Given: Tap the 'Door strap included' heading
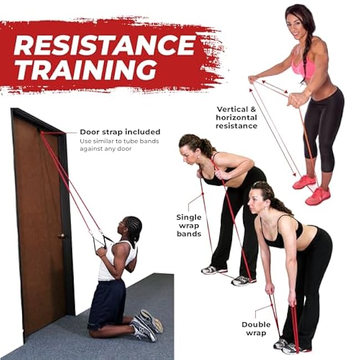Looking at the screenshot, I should tap(120, 132).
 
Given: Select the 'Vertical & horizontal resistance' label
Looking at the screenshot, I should tap(236, 117).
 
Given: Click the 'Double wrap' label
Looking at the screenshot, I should tap(256, 328).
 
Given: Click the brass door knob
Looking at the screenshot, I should tap(61, 236).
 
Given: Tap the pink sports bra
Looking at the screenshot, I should tap(304, 68).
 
